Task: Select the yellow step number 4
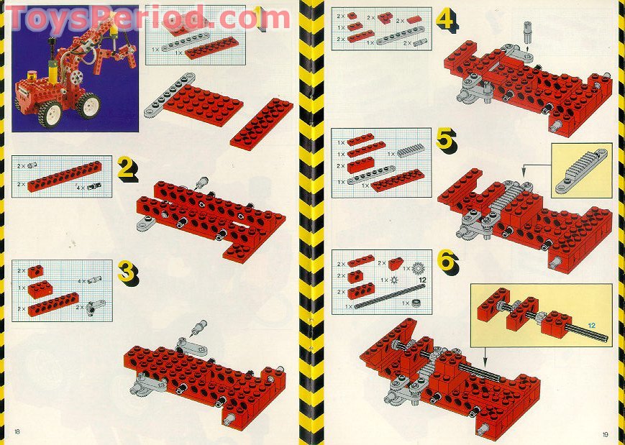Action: point(446,19)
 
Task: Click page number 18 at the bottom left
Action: point(17,431)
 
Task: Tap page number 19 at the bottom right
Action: point(606,433)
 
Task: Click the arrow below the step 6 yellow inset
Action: point(484,354)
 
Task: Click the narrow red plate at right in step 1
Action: point(262,123)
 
